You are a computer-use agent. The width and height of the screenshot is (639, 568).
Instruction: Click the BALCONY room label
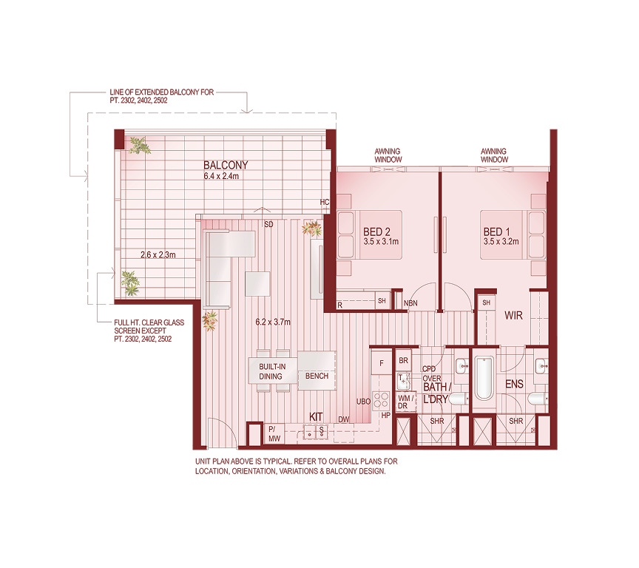(226, 165)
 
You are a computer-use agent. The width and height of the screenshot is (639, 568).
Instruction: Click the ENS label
(514, 385)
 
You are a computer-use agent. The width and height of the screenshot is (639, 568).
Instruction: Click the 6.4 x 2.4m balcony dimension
(226, 177)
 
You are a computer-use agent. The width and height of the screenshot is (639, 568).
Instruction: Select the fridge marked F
(381, 362)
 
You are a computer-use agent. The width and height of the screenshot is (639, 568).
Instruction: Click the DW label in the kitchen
(344, 419)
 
